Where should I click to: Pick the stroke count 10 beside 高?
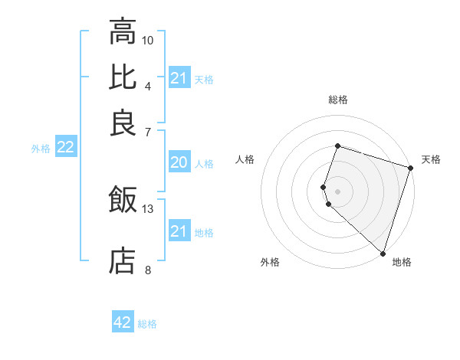pyautogui.click(x=148, y=40)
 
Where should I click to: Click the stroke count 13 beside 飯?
pyautogui.click(x=148, y=208)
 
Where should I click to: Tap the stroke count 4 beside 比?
pyautogui.click(x=148, y=86)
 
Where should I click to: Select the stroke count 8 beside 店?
pyautogui.click(x=148, y=270)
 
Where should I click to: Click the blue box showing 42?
pyautogui.click(x=123, y=322)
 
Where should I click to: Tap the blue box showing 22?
pyautogui.click(x=65, y=148)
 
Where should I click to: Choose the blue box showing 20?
pyautogui.click(x=179, y=162)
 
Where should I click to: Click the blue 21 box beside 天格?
pyautogui.click(x=179, y=78)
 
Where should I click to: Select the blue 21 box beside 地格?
pyautogui.click(x=179, y=231)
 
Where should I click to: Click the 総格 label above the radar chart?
pyautogui.click(x=337, y=100)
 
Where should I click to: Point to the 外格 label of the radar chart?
pyautogui.click(x=270, y=263)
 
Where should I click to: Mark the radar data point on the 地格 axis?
pyautogui.click(x=383, y=254)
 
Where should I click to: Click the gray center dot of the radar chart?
pyautogui.click(x=337, y=189)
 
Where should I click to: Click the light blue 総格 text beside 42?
pyautogui.click(x=147, y=324)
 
